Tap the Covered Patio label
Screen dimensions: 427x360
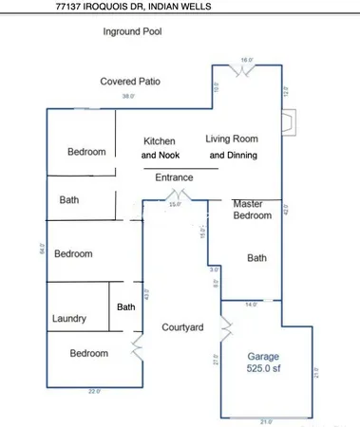[x=130, y=82]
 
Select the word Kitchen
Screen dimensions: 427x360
[x=160, y=140]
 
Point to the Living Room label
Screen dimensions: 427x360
[x=232, y=139]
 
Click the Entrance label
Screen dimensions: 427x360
[x=174, y=176]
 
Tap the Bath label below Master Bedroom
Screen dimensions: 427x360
[x=256, y=257]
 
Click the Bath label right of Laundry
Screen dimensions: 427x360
[x=125, y=306]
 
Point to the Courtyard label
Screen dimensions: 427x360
[x=181, y=327]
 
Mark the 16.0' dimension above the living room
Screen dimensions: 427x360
[x=248, y=60]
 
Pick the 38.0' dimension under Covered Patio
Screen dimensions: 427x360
[x=126, y=96]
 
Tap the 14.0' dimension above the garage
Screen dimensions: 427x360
[x=251, y=305]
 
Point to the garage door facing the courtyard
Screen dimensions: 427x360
[x=224, y=328]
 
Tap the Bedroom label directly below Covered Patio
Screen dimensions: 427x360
[x=86, y=152]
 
